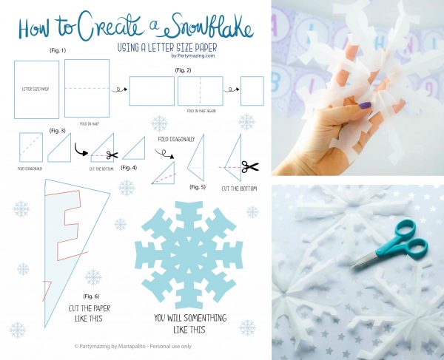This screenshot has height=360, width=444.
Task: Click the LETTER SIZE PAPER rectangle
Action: point(36,89)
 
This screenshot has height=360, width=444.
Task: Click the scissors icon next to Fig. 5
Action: point(250,167)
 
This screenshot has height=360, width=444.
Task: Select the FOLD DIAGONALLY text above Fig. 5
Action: point(175,139)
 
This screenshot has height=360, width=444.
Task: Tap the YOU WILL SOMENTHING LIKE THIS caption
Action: point(190,324)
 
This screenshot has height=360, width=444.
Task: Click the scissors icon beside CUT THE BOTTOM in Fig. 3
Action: point(112,155)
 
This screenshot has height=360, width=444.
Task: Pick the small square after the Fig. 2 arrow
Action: point(252,92)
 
